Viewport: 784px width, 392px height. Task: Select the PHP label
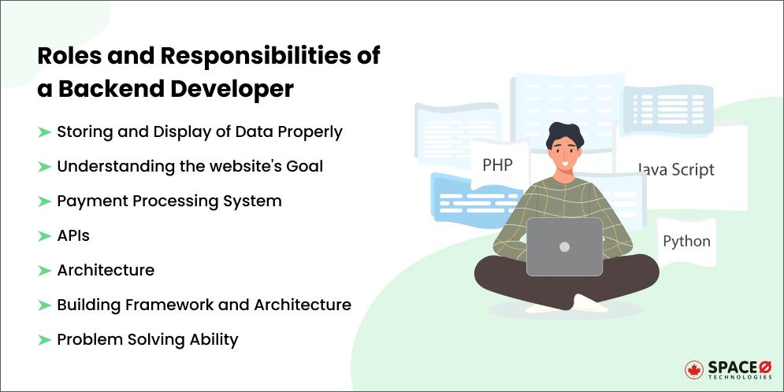click(498, 165)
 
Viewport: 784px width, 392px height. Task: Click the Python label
click(686, 241)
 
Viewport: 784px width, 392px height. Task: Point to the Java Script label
click(675, 169)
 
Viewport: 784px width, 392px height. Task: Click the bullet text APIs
click(73, 235)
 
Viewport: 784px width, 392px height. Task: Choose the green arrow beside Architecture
click(44, 270)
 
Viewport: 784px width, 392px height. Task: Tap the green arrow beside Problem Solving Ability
click(44, 339)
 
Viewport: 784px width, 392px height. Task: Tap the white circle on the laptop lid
click(564, 246)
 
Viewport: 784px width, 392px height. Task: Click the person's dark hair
click(567, 137)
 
